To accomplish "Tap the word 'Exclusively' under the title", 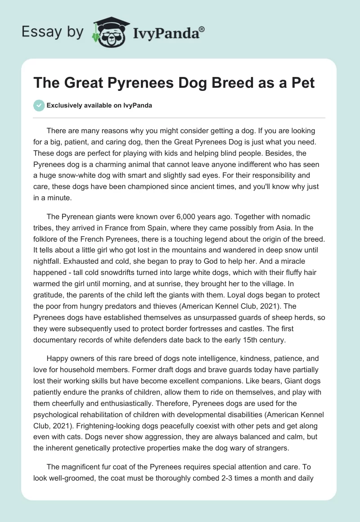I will coord(63,106).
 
